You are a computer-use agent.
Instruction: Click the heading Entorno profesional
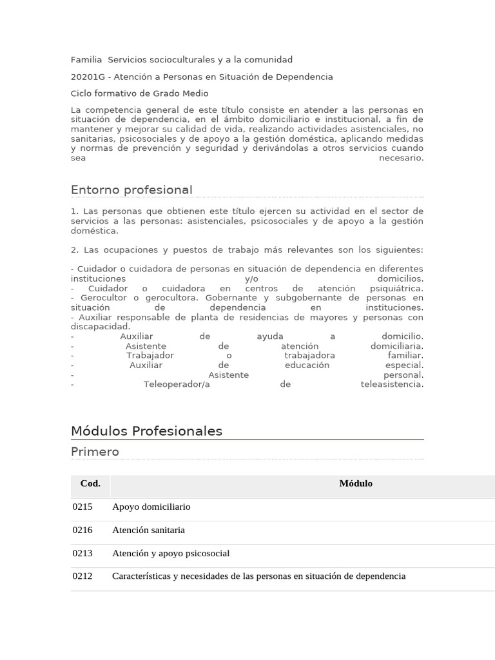point(131,189)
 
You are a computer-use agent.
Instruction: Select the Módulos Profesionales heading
point(146,431)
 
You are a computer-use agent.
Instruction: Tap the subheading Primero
point(95,452)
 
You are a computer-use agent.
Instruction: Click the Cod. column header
point(90,483)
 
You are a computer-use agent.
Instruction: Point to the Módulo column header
point(356,483)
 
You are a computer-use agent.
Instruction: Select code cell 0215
point(82,507)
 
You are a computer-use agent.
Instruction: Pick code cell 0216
point(82,530)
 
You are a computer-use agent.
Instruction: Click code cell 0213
point(82,553)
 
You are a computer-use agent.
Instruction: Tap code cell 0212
point(82,576)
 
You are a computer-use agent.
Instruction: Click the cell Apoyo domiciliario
point(151,507)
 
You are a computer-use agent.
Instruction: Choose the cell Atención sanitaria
point(148,530)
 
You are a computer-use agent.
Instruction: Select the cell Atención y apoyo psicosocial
point(171,553)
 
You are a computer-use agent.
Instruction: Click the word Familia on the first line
point(86,60)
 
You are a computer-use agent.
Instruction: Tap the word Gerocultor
point(106,298)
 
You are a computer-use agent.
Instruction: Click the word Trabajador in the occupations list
point(150,356)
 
